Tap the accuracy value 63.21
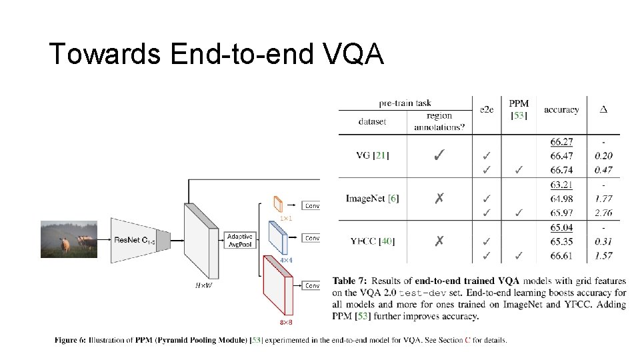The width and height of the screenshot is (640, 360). [x=562, y=184]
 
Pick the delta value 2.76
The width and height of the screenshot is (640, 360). [x=602, y=213]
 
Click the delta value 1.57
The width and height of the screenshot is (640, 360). [x=602, y=256]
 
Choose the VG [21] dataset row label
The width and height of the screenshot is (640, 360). [x=371, y=156]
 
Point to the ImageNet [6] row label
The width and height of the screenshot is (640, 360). [x=372, y=198]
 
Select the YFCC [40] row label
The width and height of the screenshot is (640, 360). [x=372, y=241]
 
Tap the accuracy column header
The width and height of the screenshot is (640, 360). [x=561, y=109]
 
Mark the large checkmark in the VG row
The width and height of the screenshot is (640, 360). [x=439, y=156]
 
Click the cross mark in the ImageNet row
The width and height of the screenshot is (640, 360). [x=439, y=198]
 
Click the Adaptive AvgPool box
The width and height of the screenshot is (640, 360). [x=239, y=240]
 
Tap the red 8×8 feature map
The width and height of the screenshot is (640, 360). [x=279, y=285]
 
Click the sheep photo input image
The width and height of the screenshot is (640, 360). [x=69, y=238]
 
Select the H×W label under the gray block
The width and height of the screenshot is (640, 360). [x=203, y=285]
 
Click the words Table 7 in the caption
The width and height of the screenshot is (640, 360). [x=348, y=281]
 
